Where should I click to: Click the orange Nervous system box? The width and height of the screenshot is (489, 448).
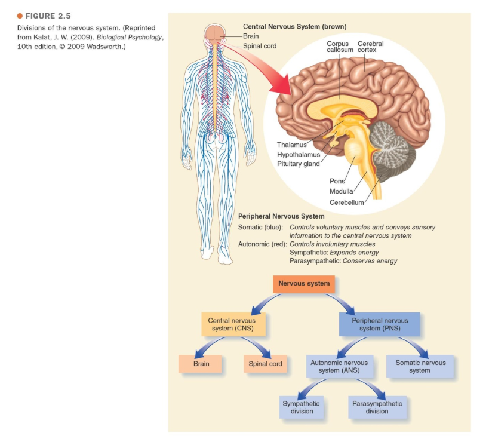coord(303,284)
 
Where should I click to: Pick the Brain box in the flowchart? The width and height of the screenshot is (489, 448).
coord(201,364)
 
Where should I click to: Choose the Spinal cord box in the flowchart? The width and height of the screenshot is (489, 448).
coord(265,364)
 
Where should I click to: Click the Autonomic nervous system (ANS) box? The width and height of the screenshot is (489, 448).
coord(339,367)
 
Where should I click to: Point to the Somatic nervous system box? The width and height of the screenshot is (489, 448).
coord(420,367)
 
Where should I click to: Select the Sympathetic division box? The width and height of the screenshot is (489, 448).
coord(302,407)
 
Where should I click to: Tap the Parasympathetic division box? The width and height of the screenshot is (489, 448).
coord(377,407)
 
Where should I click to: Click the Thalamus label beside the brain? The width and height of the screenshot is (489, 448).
coord(291,145)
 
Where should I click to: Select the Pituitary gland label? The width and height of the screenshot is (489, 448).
coord(298,164)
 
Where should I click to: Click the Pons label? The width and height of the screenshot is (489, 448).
coord(337,181)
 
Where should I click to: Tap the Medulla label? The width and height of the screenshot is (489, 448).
coord(341,191)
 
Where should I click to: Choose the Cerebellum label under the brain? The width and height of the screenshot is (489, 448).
coord(347,202)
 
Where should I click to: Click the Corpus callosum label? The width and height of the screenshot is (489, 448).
coord(338,47)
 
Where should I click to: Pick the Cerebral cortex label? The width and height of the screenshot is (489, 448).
coord(370,47)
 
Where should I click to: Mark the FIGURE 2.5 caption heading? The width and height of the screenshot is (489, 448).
coord(45,16)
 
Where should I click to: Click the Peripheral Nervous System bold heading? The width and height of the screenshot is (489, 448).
coord(281,216)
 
